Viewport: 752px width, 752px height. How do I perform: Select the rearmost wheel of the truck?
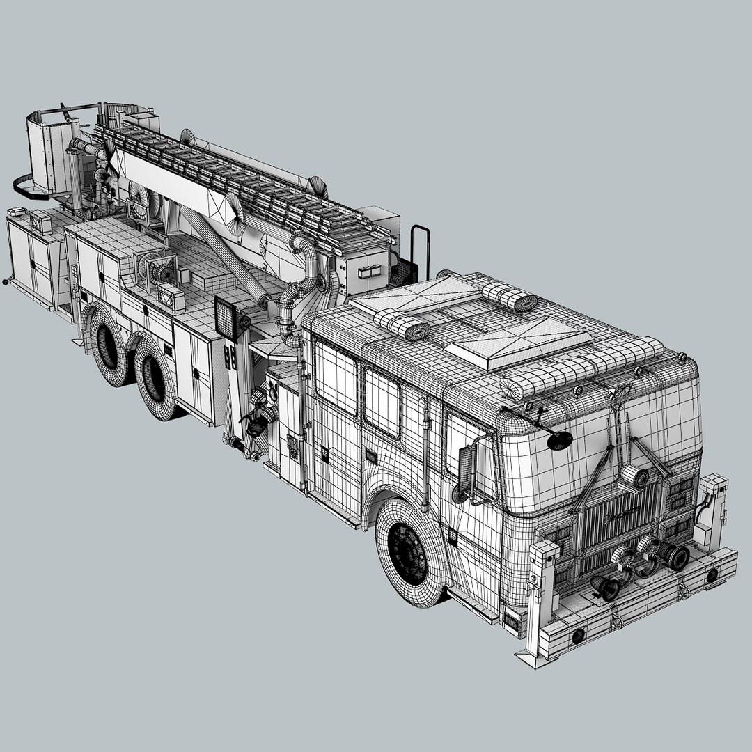click(x=107, y=345)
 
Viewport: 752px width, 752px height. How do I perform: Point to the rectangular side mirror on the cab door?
click(x=466, y=469)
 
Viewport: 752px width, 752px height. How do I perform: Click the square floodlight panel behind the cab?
click(x=225, y=316)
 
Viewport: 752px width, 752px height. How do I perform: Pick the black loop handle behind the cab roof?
click(x=419, y=251)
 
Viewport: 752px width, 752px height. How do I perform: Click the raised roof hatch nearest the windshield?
click(x=519, y=344)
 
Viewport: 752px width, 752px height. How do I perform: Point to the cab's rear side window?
click(x=336, y=377)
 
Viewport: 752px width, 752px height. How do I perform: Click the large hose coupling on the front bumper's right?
click(x=674, y=556)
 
